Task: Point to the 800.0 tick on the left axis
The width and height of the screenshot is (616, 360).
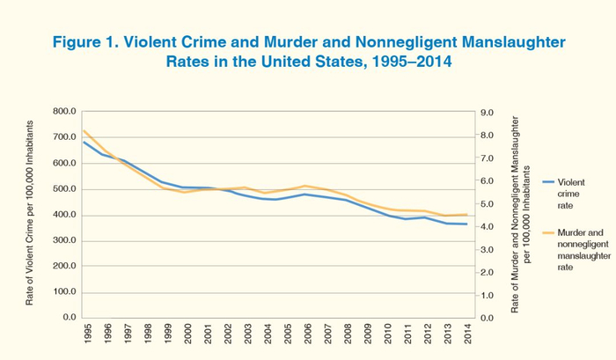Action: pyautogui.click(x=64, y=112)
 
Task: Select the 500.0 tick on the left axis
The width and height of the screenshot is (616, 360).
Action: pyautogui.click(x=64, y=189)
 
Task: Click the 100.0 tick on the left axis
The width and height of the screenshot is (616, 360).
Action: pyautogui.click(x=64, y=291)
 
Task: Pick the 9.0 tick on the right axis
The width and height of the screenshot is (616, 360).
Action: pyautogui.click(x=485, y=112)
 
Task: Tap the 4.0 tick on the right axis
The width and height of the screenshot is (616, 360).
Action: pyautogui.click(x=485, y=226)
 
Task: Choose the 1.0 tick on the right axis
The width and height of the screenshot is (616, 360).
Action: pyautogui.click(x=485, y=295)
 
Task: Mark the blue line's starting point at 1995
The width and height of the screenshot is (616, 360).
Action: pyautogui.click(x=84, y=142)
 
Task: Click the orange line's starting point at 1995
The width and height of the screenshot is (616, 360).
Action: pyautogui.click(x=84, y=131)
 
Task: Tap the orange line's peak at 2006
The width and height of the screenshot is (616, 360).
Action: pyautogui.click(x=305, y=186)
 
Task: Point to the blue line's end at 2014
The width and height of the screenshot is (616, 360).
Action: pyautogui.click(x=466, y=224)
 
